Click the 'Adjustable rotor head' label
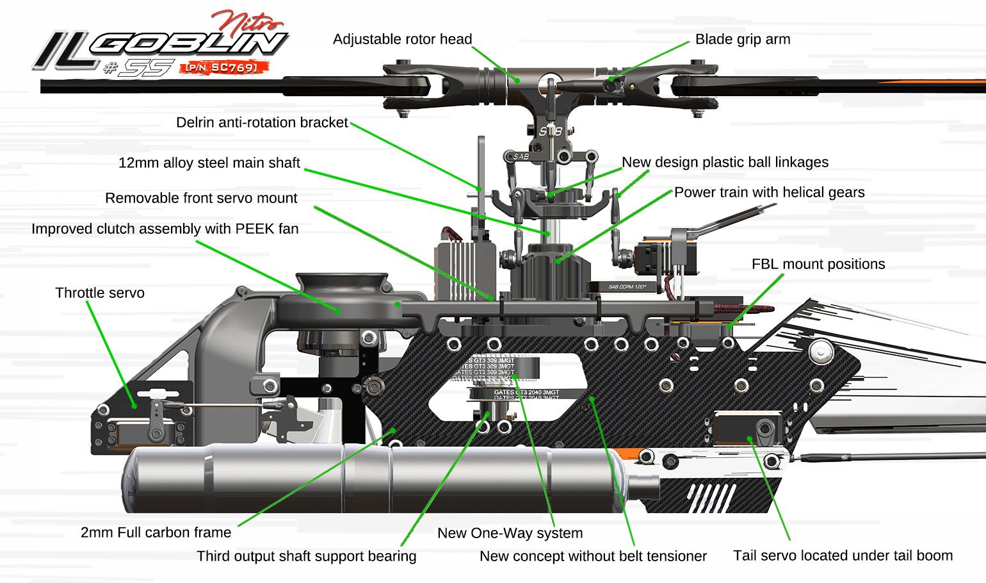coord(402,39)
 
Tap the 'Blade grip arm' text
coord(742,39)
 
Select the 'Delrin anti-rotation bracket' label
coord(262,122)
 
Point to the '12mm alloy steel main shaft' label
coord(209,163)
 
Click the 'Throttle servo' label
coord(100,293)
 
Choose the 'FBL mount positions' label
coord(818,264)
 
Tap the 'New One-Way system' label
coord(510,533)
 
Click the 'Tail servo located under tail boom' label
coord(843,555)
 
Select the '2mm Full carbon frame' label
coord(156,532)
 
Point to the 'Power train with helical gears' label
coord(769,192)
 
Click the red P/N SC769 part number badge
coord(223,67)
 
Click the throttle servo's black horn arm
coord(157,420)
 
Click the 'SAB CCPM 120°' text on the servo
coord(627,286)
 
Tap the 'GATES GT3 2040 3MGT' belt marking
coord(526,392)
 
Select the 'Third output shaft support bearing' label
coord(306,556)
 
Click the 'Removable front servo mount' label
coord(201,198)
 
